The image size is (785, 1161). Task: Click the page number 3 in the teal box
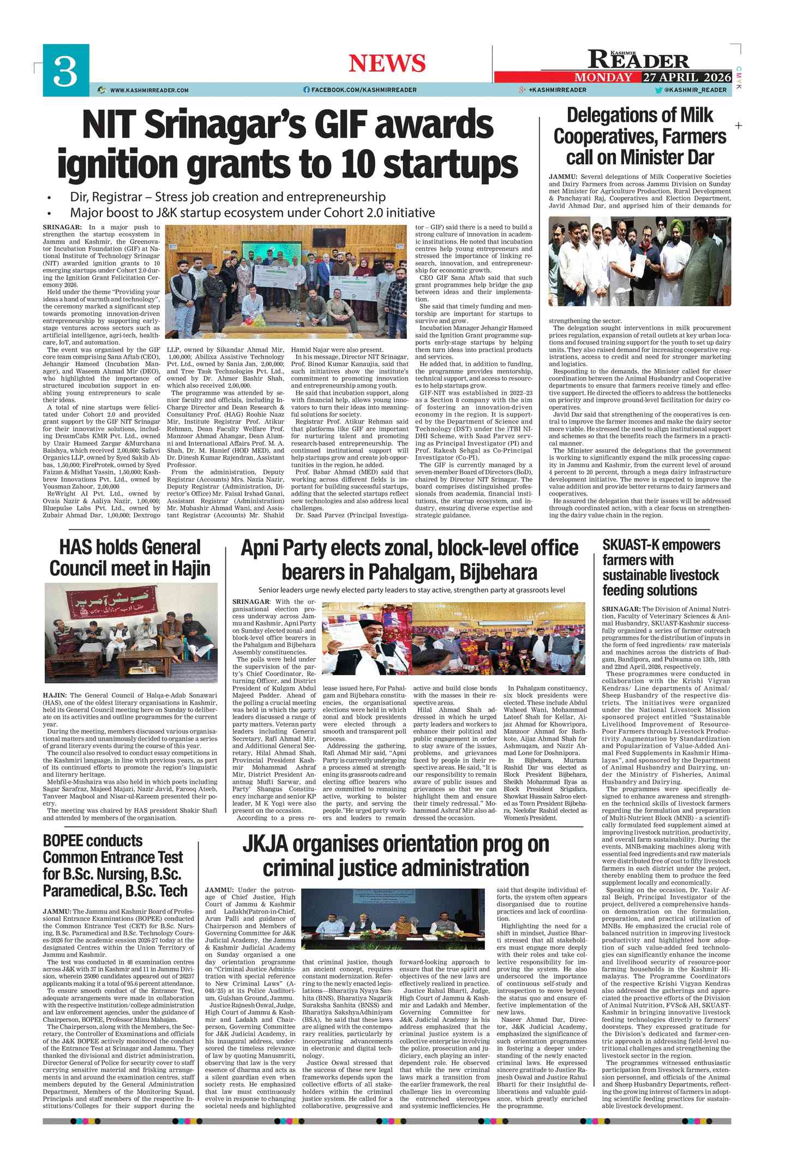65,71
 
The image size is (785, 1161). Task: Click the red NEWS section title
387,63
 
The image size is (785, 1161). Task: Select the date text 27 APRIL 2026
687,77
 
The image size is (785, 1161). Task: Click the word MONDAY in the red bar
603,78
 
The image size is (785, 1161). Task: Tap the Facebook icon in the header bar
307,90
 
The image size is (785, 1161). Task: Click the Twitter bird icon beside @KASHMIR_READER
658,90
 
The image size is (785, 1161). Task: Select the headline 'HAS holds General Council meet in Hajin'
130,557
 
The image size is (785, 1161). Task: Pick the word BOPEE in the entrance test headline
65,841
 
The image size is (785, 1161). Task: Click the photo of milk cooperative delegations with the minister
639,261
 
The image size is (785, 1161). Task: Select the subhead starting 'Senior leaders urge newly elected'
411,590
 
